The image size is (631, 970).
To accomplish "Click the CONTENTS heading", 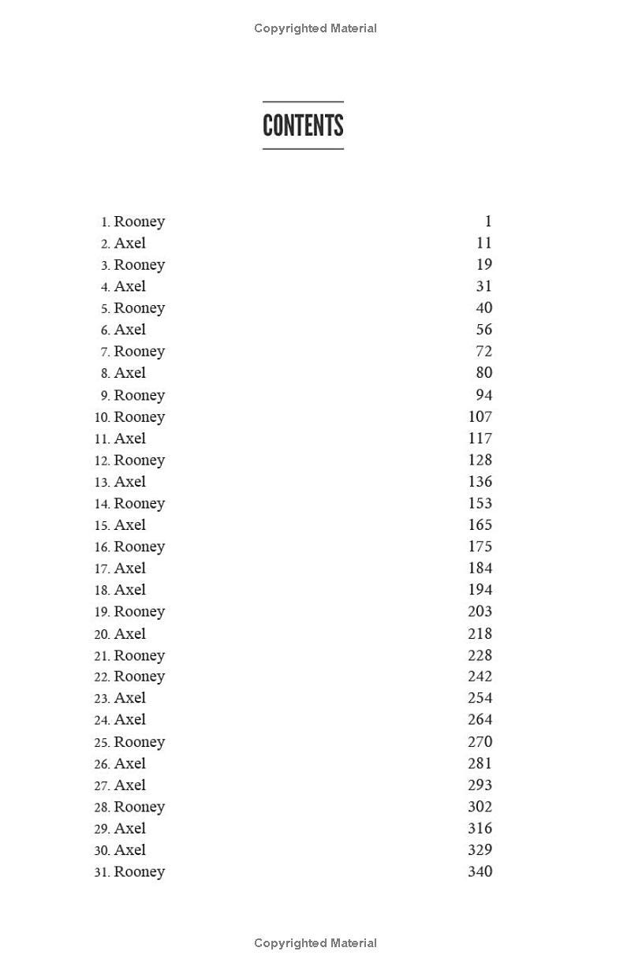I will coord(303,125).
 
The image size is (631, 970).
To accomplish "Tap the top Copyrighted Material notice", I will coord(315,28).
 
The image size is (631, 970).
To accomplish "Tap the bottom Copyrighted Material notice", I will coord(315,943).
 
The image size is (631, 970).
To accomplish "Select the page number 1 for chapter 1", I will coord(488,222).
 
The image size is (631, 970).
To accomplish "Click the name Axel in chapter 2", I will coord(130,243).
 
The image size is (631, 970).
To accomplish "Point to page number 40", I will coord(484,308).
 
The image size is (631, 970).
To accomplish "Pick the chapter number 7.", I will coord(105,352).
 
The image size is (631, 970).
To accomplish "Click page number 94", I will coord(484,395).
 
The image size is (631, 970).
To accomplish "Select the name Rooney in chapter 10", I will coord(140,416).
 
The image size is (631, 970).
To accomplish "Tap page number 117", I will coord(480,438).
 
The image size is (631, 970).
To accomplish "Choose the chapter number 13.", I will coord(103,482).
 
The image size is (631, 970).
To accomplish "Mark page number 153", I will coord(480,503).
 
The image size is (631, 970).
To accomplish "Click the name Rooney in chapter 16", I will coord(140,547).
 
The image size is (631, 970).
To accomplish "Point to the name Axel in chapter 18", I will coord(130,590).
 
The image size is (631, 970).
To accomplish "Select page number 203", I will coord(480,611).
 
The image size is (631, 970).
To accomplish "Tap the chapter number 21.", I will coord(103,656).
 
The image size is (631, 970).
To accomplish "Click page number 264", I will coord(480,719).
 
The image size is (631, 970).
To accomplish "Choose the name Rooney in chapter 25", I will coord(140,742).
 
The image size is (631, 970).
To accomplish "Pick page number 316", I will coord(480,828).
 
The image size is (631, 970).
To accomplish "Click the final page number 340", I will coord(480,871).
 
